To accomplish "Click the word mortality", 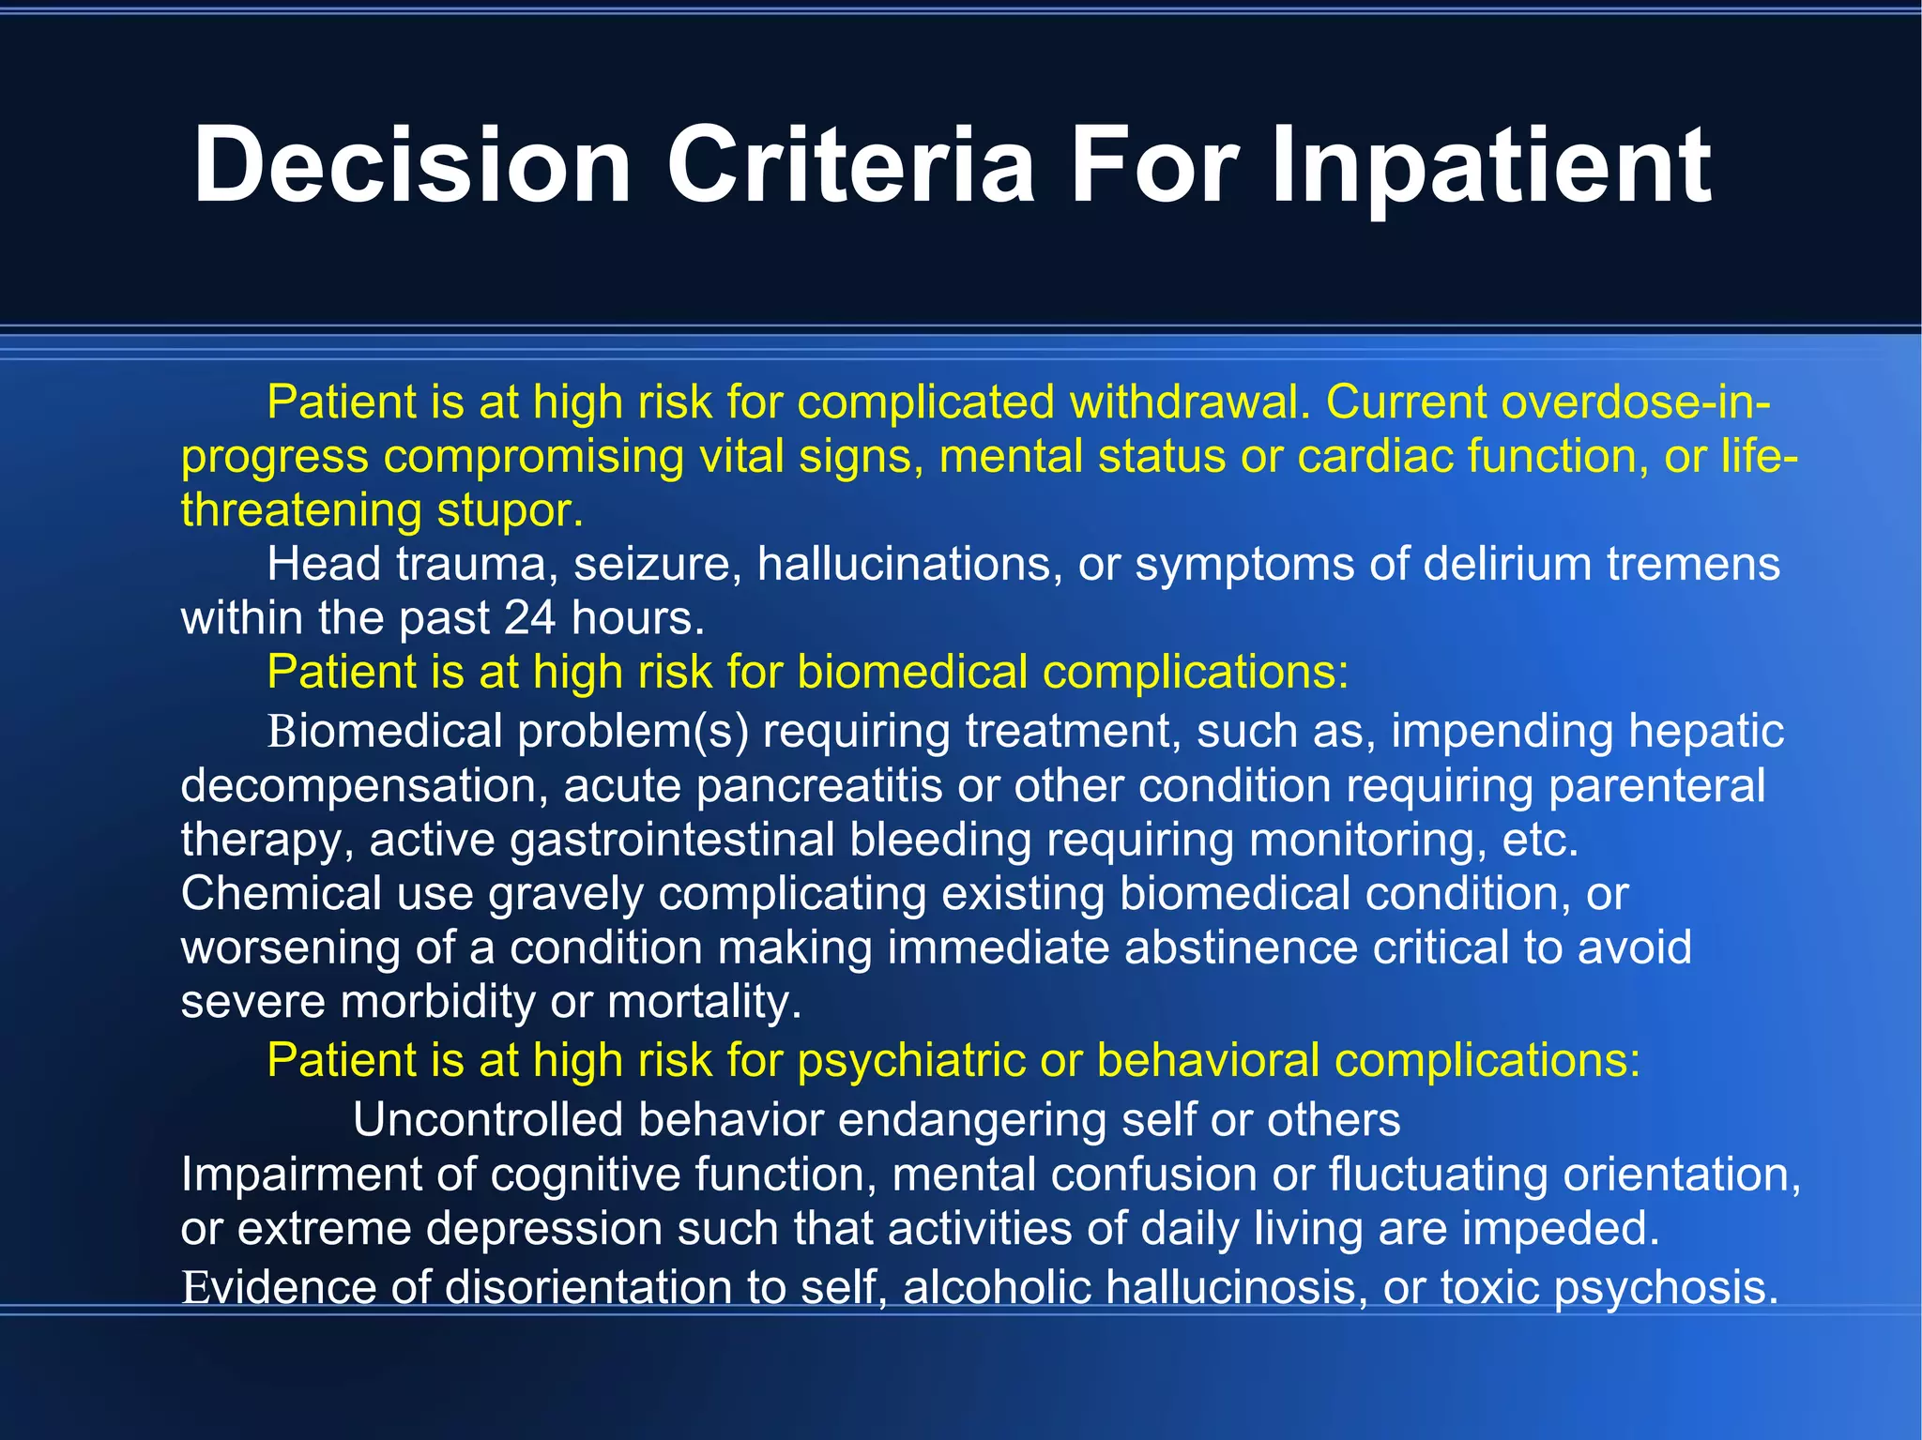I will point(704,1002).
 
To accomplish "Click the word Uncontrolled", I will point(488,1120).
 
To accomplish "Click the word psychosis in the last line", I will point(1666,1287).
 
